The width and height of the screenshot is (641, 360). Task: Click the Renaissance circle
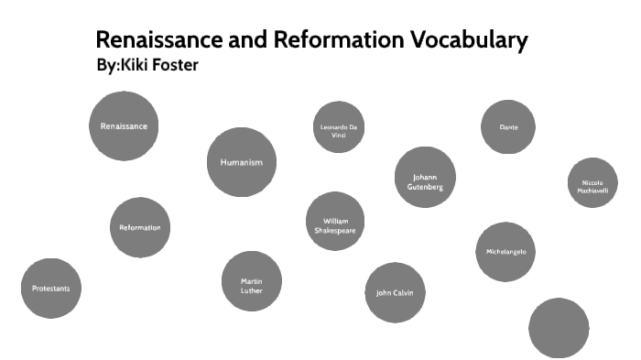click(x=124, y=126)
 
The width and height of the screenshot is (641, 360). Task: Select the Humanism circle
click(x=242, y=162)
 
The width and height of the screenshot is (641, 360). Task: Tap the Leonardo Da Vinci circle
click(x=339, y=127)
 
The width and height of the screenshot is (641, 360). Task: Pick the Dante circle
click(x=508, y=127)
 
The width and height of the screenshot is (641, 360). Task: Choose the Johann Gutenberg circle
click(x=425, y=178)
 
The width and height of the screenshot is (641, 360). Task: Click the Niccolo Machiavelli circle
click(x=592, y=183)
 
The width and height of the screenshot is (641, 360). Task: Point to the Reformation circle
click(x=140, y=227)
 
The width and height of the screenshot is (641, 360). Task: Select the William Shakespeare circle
click(x=335, y=222)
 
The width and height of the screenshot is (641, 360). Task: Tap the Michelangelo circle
click(x=505, y=252)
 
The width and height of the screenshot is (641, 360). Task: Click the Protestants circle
click(x=51, y=289)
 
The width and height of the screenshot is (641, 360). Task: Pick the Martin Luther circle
click(x=252, y=281)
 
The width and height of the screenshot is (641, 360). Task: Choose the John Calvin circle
click(x=395, y=293)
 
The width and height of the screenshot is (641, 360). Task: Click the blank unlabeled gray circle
click(x=559, y=328)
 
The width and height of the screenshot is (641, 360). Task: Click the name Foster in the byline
click(x=173, y=65)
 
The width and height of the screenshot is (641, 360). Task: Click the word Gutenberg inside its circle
click(x=425, y=187)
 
